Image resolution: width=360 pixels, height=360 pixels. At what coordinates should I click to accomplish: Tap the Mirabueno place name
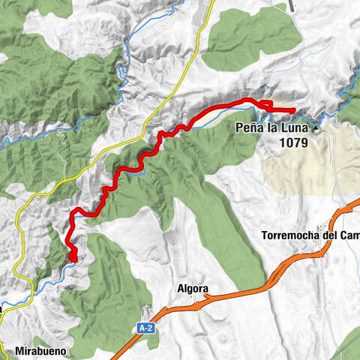tap(46, 350)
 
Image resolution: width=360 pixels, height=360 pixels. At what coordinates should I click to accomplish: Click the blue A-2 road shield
tap(145, 327)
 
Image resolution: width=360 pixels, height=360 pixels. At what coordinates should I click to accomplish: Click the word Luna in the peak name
tap(294, 127)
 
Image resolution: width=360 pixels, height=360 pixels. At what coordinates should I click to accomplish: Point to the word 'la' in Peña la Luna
tap(271, 127)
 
